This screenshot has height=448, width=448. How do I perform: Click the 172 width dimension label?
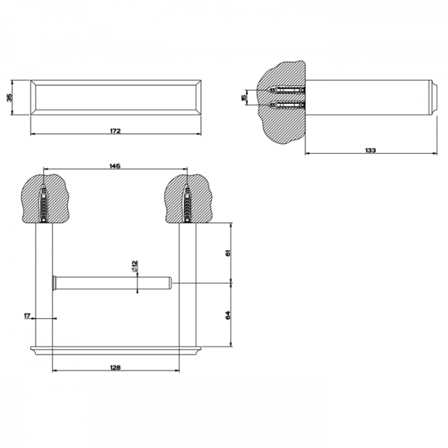point(116,131)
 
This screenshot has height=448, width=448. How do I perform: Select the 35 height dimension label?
point(10,97)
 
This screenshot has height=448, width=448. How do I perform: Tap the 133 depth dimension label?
point(370,150)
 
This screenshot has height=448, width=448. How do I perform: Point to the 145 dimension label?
point(115,166)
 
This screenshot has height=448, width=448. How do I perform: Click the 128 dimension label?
point(116,367)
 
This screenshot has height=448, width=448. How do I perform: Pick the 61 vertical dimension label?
point(228,253)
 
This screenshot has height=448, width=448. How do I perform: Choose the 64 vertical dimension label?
point(228,315)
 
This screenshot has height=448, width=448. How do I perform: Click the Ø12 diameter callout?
point(135,266)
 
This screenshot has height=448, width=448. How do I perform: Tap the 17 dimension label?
point(27,316)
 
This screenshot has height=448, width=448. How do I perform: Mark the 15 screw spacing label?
point(243,97)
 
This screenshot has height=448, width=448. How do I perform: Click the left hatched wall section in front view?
point(45,198)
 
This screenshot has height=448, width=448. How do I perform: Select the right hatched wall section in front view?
point(188,198)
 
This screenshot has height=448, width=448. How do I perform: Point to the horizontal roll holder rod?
point(112,283)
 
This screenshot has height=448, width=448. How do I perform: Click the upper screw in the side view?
point(287,90)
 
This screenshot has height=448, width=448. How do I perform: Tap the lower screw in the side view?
point(287,105)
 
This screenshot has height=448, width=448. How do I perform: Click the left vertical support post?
point(44,285)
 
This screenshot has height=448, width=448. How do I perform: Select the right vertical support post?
point(187,285)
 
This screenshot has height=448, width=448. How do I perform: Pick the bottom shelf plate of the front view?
point(116,351)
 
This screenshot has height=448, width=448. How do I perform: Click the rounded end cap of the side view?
point(434,97)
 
